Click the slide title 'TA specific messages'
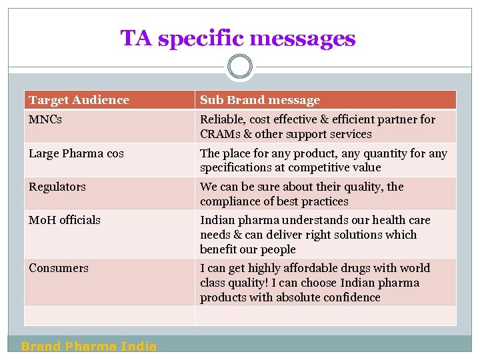(238, 38)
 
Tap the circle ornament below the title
(240, 67)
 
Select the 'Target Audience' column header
(79, 100)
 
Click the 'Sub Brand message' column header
(260, 100)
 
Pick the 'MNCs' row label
(45, 119)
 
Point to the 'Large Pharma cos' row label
(76, 153)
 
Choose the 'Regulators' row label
(57, 187)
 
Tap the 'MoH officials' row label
(65, 220)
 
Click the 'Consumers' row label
(59, 268)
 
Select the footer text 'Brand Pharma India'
(89, 346)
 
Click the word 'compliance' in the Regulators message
(229, 201)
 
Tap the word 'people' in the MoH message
(278, 249)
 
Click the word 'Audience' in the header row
(103, 100)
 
